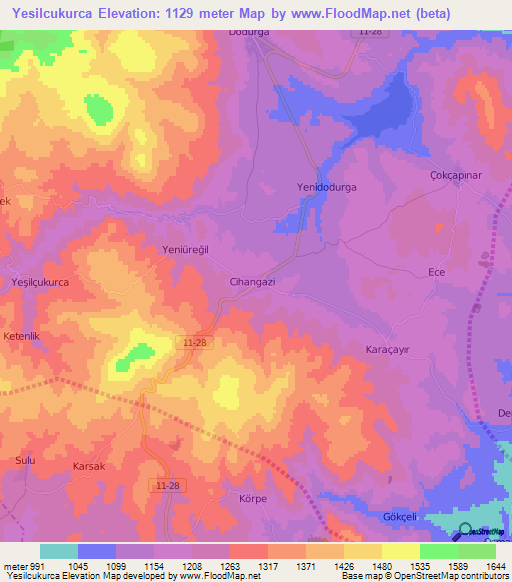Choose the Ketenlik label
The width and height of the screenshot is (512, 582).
coord(25,336)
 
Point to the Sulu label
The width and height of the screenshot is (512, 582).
coord(25,460)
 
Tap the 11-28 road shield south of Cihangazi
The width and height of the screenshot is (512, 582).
coord(196,342)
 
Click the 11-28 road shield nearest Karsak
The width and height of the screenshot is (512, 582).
coord(169,485)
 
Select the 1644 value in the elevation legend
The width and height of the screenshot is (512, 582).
coord(495,566)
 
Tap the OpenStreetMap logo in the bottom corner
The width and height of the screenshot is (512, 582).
coord(464,533)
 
